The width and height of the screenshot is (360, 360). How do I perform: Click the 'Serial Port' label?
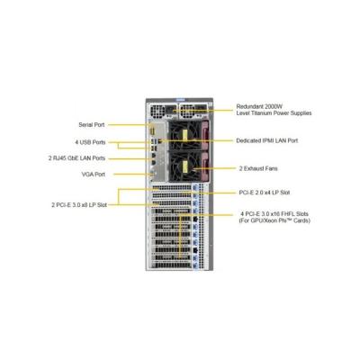(x=92, y=125)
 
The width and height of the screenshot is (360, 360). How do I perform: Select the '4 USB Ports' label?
(x=90, y=142)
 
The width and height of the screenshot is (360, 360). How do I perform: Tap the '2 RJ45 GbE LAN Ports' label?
(x=76, y=158)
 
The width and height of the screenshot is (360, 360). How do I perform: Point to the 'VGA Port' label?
(x=94, y=175)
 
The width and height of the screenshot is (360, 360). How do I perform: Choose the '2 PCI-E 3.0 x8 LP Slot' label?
(x=79, y=205)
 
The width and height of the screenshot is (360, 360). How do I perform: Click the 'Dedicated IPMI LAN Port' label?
(x=267, y=140)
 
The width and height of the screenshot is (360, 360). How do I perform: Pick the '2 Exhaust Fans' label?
(x=258, y=168)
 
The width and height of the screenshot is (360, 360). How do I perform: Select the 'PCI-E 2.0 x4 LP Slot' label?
(x=265, y=193)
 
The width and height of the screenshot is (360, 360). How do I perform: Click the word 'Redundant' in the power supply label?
(x=249, y=106)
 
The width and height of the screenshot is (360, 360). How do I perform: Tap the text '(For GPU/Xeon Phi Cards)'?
(x=274, y=220)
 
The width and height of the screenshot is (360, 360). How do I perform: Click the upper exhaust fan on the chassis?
(x=185, y=136)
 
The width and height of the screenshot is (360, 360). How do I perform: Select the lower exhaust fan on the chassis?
(x=185, y=167)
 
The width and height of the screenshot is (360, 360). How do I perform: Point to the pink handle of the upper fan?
(x=206, y=135)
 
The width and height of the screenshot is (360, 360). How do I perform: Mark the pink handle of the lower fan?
(x=206, y=166)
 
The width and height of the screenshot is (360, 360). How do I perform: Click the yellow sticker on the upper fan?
(x=184, y=136)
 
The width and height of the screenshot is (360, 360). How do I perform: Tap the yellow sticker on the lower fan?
(x=184, y=166)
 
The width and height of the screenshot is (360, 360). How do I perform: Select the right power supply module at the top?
(x=193, y=112)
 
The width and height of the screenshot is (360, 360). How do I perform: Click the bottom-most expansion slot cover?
(x=172, y=265)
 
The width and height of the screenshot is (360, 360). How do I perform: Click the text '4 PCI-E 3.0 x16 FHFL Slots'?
(x=274, y=214)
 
